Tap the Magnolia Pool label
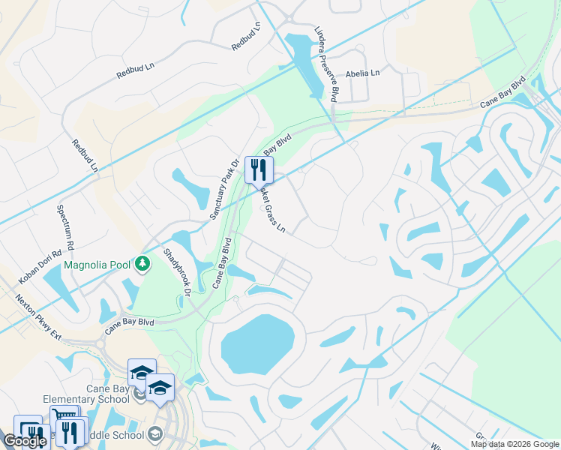98,265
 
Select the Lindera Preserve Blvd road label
324,64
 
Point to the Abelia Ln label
362,73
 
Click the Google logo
25,441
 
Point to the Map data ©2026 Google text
514,444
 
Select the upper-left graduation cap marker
142,372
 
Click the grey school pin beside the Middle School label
154,433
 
